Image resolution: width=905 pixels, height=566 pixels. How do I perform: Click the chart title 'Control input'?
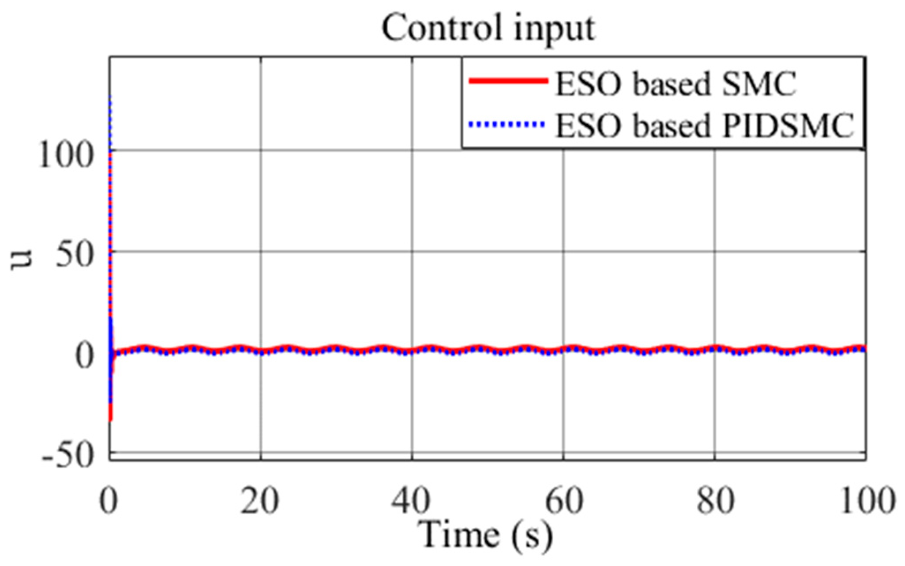(x=488, y=28)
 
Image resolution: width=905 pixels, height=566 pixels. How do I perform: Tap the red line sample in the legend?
(x=508, y=81)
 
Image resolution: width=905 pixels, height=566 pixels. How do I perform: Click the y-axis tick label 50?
(x=75, y=257)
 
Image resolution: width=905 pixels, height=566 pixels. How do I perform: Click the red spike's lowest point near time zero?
(x=110, y=420)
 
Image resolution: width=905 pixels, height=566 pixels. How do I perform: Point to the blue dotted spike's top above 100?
(x=110, y=97)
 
